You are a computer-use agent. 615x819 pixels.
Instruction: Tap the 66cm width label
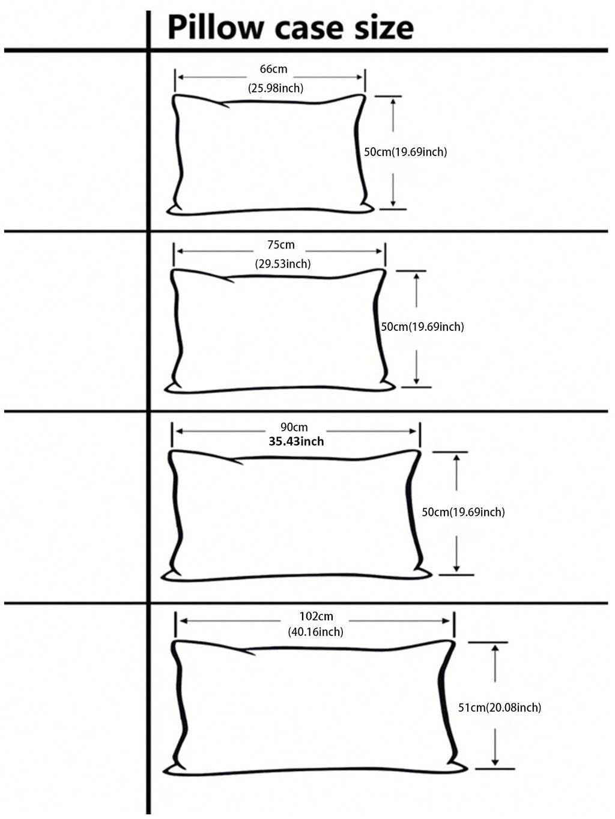click(273, 69)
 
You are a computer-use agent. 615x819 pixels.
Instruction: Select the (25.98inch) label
click(276, 88)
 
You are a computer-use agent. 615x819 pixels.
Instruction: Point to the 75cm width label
click(281, 245)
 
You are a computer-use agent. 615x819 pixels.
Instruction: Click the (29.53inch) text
click(283, 264)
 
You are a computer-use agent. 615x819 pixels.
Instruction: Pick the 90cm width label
click(294, 428)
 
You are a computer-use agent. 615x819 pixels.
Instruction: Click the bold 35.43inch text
click(296, 442)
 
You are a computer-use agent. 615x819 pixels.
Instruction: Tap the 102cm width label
click(316, 616)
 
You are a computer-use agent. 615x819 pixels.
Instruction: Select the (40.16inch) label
click(316, 632)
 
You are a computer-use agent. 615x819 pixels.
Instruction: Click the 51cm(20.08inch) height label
click(500, 708)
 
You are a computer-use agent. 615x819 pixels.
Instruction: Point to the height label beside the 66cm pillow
click(405, 152)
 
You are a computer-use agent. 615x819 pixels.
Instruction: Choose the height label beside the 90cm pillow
click(463, 512)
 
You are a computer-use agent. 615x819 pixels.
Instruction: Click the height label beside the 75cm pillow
click(422, 327)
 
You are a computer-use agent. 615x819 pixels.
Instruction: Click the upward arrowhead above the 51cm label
click(495, 649)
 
